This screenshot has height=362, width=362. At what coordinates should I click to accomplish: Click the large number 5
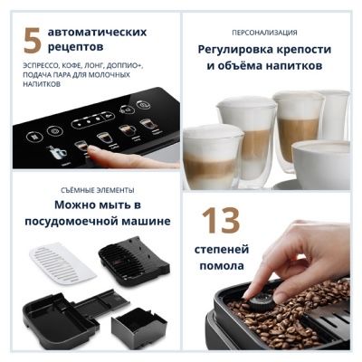tap(33, 40)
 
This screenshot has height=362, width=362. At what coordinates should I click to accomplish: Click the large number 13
tap(221, 220)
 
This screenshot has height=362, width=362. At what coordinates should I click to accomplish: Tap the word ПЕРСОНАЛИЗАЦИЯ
tap(264, 33)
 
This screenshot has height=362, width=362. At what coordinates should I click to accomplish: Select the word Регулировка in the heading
tap(235, 50)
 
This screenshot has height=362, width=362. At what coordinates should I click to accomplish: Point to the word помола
tap(222, 266)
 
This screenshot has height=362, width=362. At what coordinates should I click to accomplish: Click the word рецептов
tap(75, 47)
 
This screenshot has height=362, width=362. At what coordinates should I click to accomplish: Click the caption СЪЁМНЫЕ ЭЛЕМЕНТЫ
tap(98, 190)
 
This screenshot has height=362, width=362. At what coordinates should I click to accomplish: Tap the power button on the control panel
tap(142, 105)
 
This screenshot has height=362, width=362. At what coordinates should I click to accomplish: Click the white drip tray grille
tap(62, 263)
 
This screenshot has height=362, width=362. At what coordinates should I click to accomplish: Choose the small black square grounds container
tap(139, 328)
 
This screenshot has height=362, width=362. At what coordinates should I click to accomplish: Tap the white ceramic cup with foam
tap(321, 162)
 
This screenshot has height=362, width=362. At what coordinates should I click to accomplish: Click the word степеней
tap(222, 250)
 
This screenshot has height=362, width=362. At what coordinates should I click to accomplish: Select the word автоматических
tap(97, 32)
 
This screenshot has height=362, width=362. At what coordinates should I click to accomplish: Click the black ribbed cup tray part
tap(134, 261)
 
